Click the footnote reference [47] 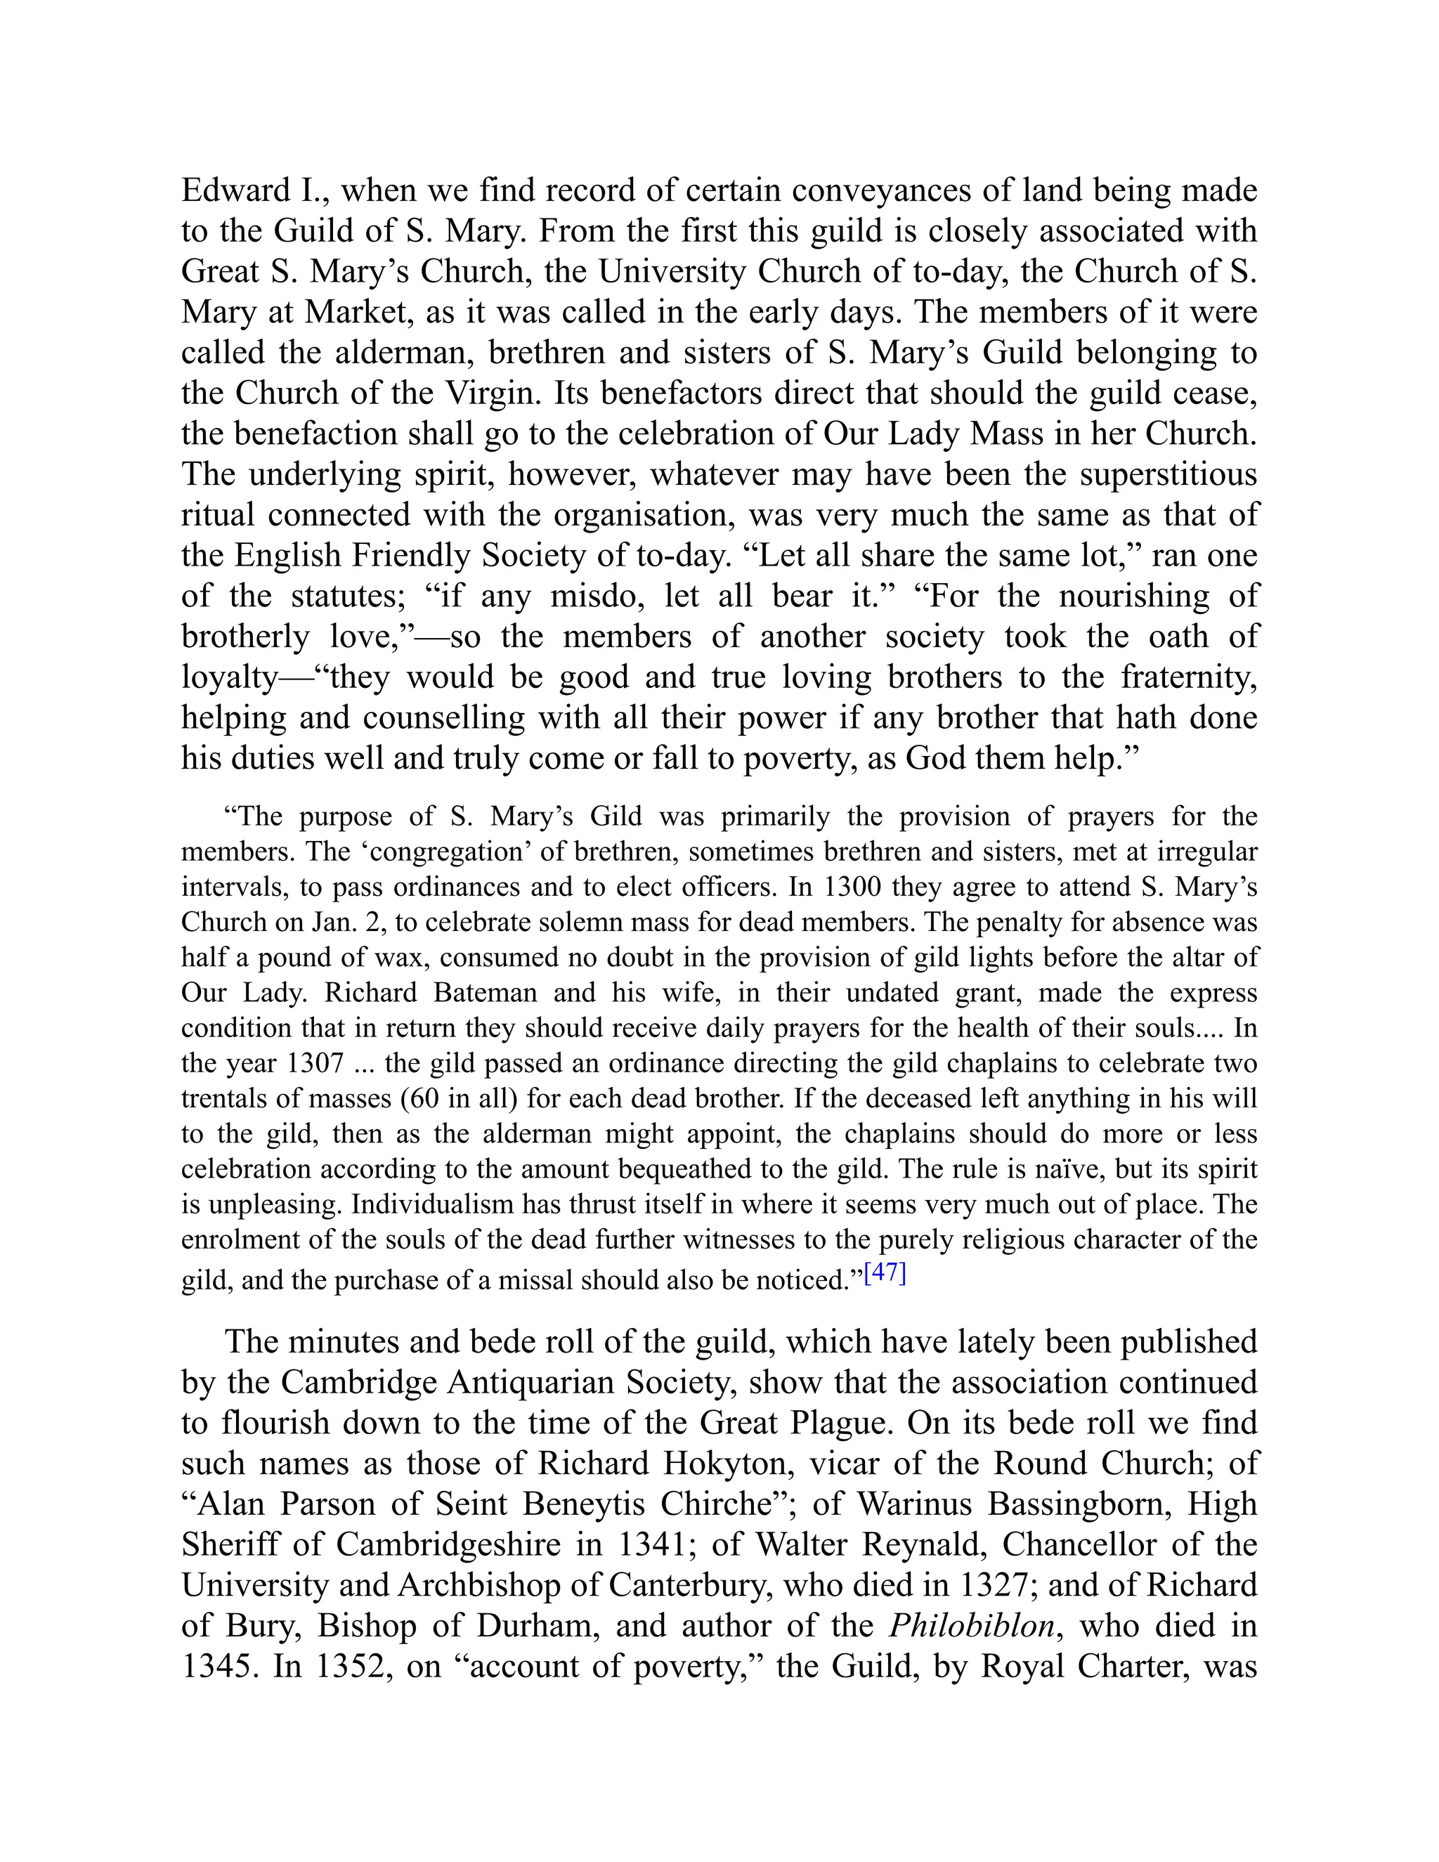(884, 1274)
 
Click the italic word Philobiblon (972, 1626)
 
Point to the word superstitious (1168, 474)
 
